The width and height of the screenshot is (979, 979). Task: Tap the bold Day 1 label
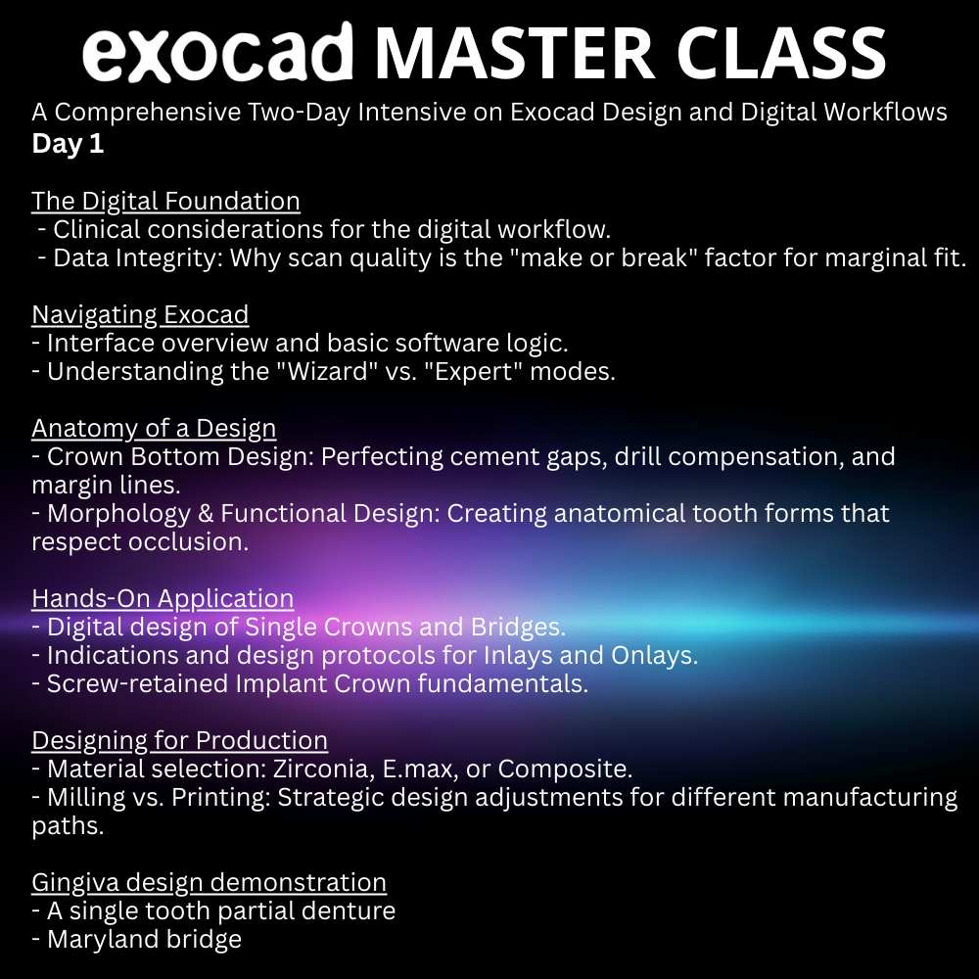coord(68,143)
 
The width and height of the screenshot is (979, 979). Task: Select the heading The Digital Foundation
coord(165,201)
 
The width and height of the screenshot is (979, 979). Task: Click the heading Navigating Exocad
coord(140,314)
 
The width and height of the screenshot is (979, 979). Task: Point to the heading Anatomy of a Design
coord(154,428)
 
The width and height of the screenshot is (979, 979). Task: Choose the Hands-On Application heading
coord(163,598)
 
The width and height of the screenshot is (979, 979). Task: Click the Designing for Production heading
coord(179,740)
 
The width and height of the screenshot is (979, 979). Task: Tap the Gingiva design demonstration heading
coord(209,882)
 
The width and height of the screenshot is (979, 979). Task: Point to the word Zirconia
coord(321,769)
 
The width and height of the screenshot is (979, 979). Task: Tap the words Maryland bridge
coord(144,939)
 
